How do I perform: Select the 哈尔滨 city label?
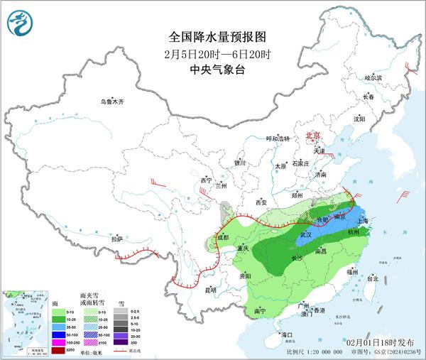373,77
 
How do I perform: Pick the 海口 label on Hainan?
286,334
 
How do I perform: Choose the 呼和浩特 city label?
278,138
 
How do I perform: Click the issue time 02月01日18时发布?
383,343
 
